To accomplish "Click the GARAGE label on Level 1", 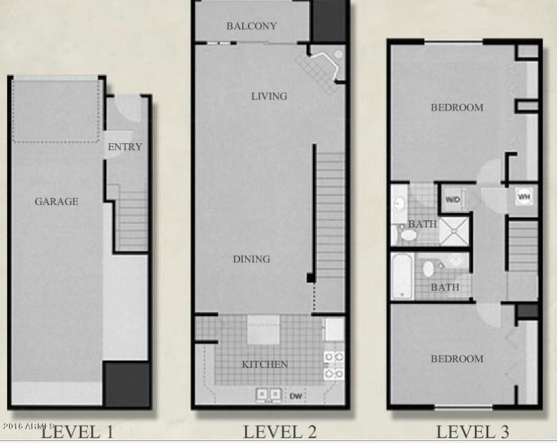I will pos(56,202).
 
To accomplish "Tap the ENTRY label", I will pos(125,147).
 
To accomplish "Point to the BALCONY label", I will pos(251,26).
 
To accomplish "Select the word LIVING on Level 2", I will pos(269,96).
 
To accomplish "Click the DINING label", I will pos(251,259).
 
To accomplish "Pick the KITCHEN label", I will pos(265,364).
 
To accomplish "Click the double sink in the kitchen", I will pos(269,394).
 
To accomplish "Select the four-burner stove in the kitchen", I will pos(334,364).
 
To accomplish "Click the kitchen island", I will pos(263,330).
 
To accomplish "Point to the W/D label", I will pos(453,200).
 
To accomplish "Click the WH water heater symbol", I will pos(524,197).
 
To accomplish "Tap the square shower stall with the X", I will pos(455,230).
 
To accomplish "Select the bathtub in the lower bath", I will pos(402,276).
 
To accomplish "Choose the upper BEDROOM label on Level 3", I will pos(456,108).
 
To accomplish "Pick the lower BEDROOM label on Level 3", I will pos(456,359).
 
